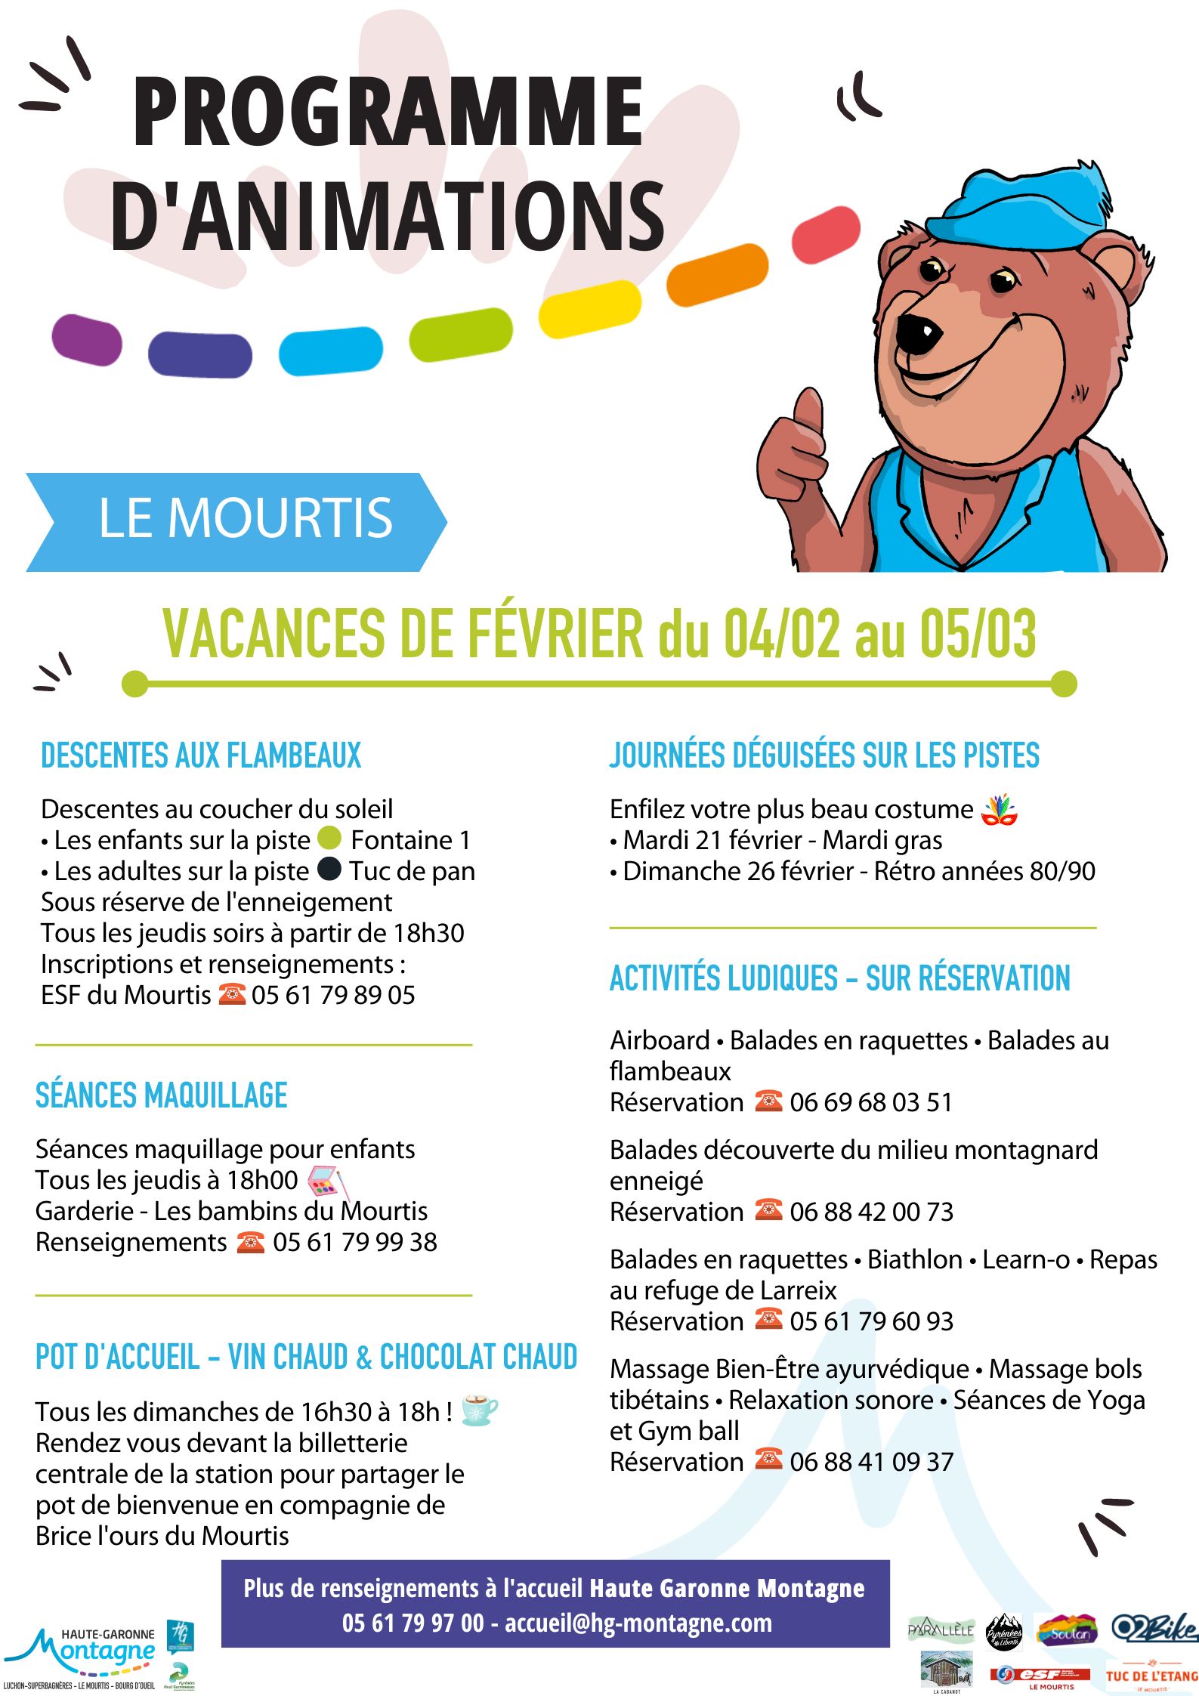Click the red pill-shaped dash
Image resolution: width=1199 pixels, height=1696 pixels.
(827, 235)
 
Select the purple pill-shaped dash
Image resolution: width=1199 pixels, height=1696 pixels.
(87, 340)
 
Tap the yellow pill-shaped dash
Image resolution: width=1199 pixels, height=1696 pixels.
(590, 308)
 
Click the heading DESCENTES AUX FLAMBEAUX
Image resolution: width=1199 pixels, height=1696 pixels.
(201, 755)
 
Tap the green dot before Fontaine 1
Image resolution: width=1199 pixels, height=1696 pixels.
(329, 838)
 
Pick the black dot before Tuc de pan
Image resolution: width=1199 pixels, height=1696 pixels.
(329, 869)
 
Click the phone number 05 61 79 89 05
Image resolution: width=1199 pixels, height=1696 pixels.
(333, 995)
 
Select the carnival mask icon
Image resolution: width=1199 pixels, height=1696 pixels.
(999, 810)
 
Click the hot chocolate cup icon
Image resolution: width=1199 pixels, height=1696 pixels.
(479, 1410)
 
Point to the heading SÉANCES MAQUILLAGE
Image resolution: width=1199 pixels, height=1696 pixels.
(162, 1095)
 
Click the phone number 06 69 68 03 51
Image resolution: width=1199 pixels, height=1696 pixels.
(870, 1102)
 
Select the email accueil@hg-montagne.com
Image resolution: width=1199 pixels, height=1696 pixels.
(638, 1622)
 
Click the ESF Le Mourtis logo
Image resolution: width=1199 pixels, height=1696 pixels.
(1040, 1676)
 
